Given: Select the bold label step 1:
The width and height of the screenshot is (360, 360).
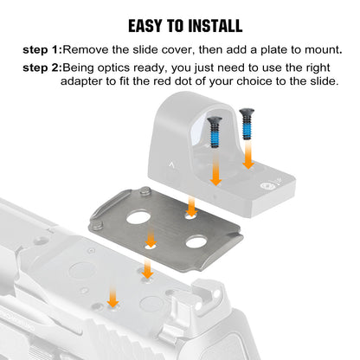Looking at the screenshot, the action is point(42,50).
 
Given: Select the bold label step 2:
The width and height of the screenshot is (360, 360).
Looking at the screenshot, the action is point(42,68).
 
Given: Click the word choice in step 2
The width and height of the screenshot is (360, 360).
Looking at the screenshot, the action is point(254,81).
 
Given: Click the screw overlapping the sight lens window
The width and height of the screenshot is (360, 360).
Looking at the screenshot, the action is point(215,132).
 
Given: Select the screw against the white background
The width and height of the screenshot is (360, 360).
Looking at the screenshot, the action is point(247,124).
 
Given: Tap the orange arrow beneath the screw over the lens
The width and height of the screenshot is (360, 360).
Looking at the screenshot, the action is point(215,168).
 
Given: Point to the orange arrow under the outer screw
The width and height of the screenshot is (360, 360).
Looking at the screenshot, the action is point(247,155).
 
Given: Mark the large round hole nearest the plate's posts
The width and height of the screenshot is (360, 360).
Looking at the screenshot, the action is point(138,217).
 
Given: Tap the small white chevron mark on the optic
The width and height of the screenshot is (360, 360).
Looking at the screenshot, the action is point(172,165).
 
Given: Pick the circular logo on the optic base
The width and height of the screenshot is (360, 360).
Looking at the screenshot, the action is point(265,186).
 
